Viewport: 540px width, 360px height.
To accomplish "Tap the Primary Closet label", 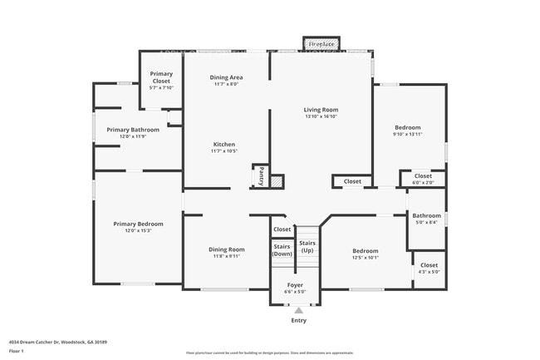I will coord(161,74).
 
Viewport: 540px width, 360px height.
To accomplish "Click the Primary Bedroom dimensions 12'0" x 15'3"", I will coord(138,230).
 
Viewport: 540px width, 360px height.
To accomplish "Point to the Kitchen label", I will coord(223,144).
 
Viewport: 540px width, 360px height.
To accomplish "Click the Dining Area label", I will coord(225,76).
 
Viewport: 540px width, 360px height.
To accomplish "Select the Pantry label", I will coord(260,175).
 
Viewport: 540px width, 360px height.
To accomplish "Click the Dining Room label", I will coord(226,249).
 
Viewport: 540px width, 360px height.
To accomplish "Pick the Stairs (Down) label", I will coord(282,249).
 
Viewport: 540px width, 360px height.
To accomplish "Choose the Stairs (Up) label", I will coord(307,246).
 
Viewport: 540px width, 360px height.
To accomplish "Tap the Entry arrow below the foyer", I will coord(298,310).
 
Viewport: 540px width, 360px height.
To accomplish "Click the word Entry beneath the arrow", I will coord(298,320).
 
